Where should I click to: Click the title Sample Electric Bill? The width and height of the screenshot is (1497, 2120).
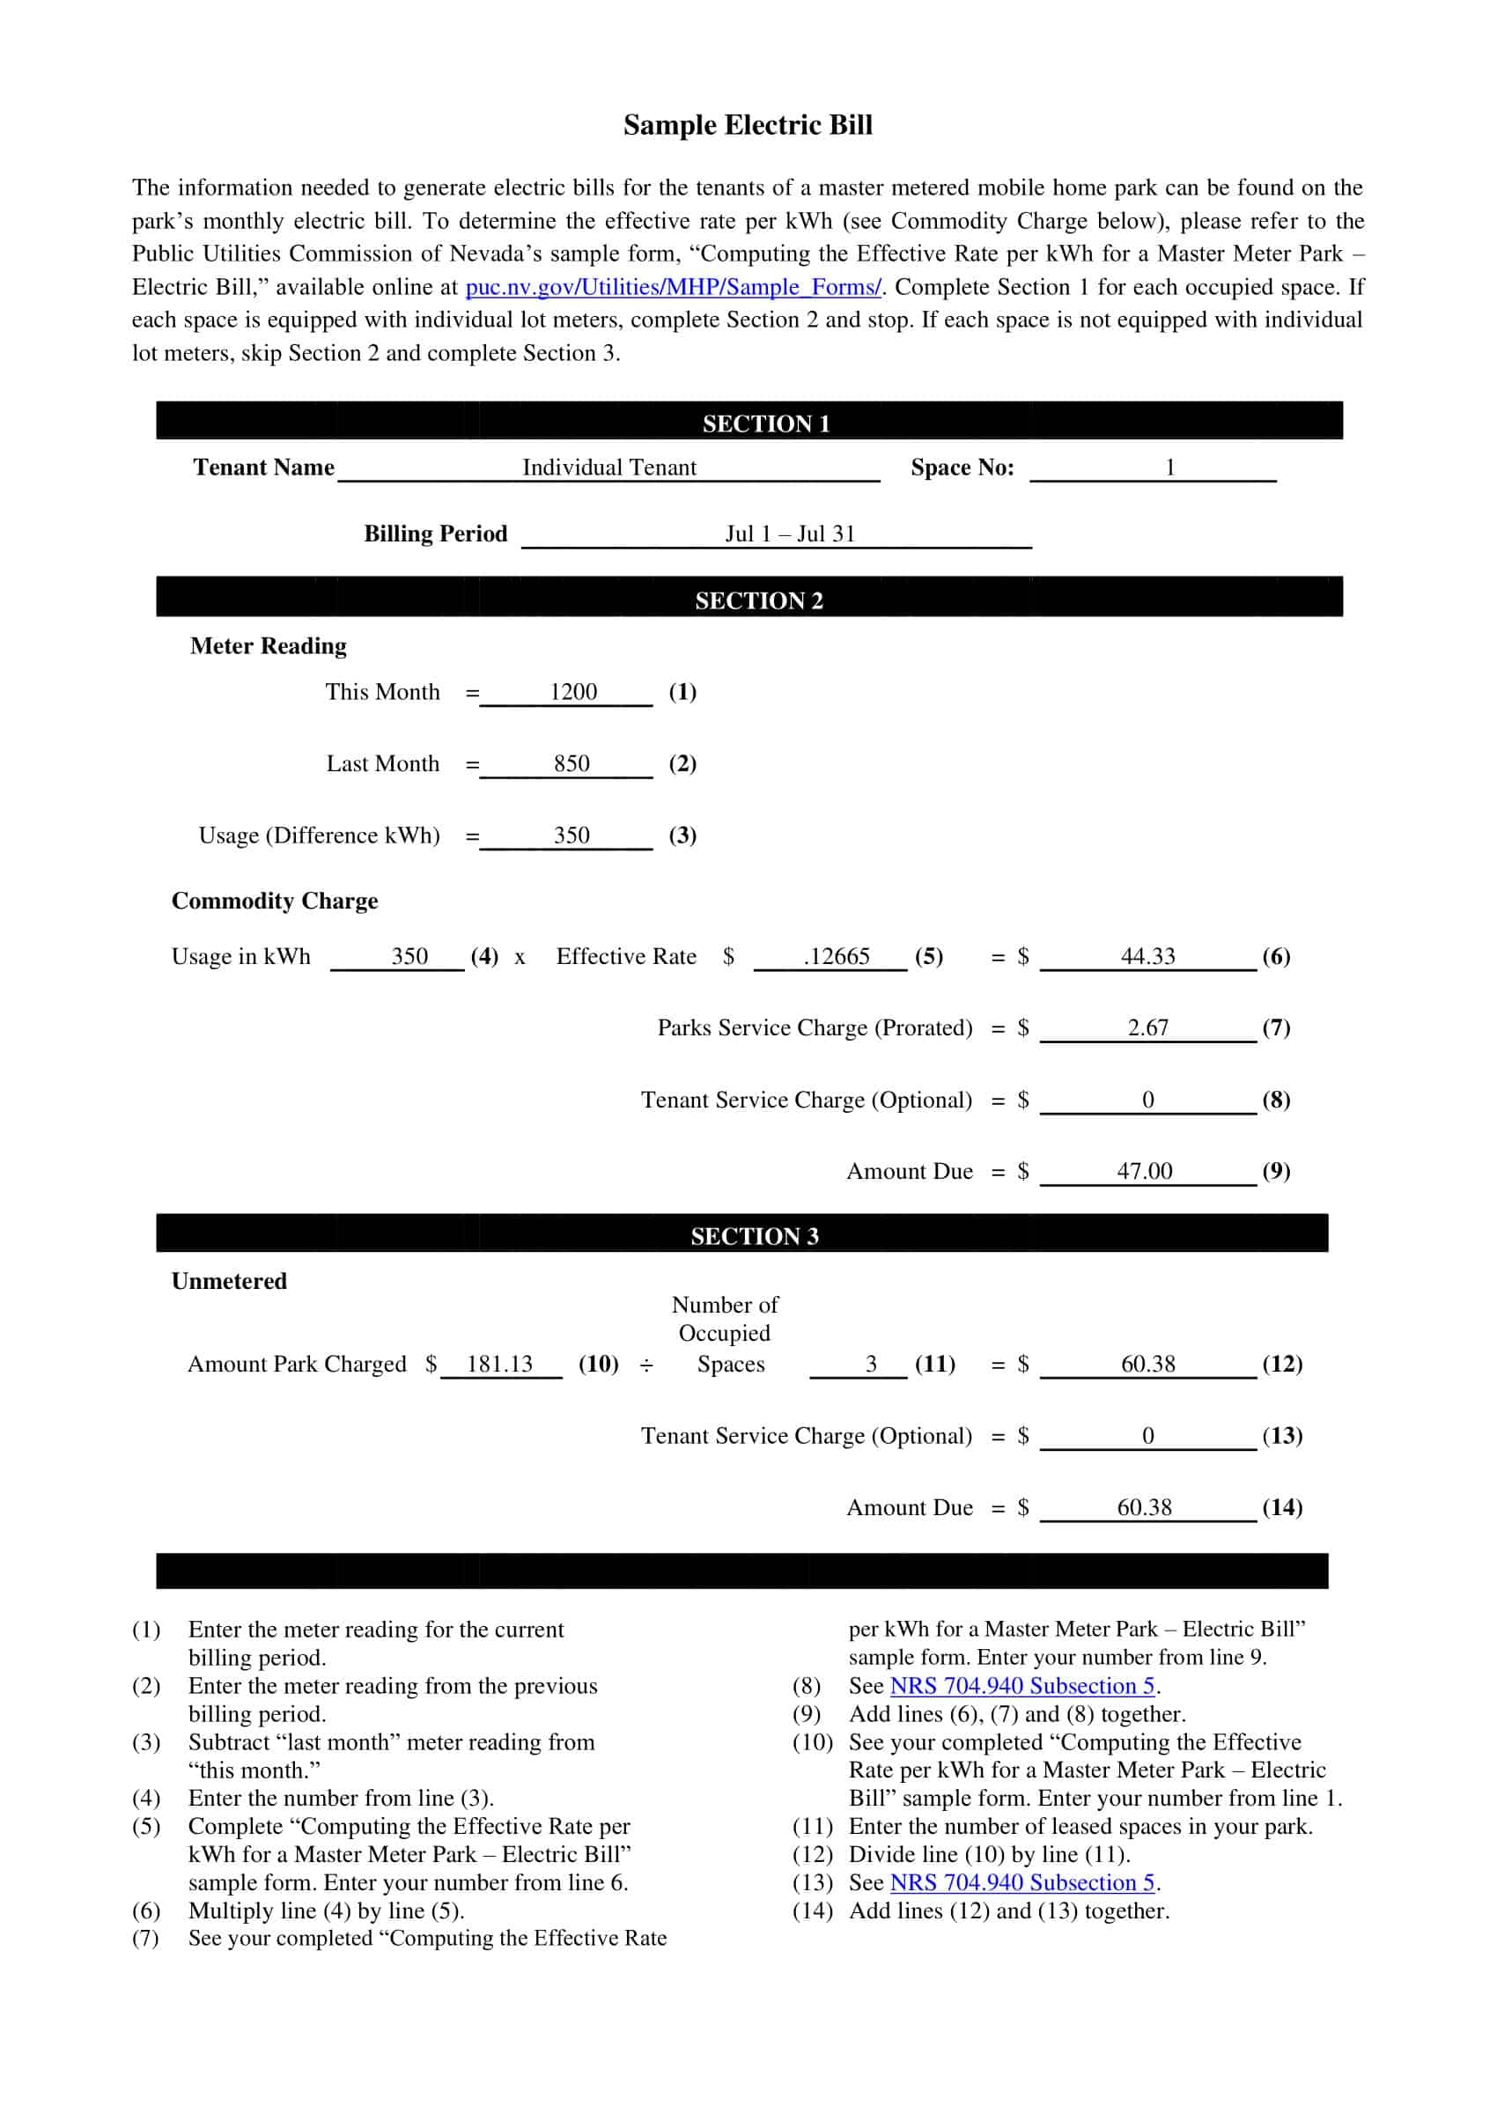tap(747, 125)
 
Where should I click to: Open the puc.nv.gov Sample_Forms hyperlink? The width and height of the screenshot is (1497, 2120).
tap(674, 287)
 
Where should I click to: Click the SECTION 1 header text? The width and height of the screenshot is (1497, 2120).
tap(765, 423)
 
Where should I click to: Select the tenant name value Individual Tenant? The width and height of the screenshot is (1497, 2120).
tap(609, 467)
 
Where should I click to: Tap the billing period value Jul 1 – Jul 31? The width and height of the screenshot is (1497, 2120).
tap(790, 534)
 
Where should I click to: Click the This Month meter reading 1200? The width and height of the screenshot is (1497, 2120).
tap(572, 692)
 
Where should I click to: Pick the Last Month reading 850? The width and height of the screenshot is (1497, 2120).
tap(572, 763)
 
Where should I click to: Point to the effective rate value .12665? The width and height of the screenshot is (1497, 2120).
tap(836, 957)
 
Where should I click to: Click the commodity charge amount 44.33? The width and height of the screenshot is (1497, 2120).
tap(1147, 957)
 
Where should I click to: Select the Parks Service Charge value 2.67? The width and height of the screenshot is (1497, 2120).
tap(1147, 1027)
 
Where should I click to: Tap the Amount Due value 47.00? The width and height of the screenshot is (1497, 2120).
tap(1144, 1172)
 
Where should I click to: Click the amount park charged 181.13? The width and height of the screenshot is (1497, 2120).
tap(499, 1365)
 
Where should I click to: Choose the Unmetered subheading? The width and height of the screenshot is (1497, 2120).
tap(229, 1282)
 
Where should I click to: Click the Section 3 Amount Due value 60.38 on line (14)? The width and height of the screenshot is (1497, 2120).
tap(1144, 1508)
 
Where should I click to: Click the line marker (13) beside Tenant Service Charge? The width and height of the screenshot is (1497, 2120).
tap(1282, 1436)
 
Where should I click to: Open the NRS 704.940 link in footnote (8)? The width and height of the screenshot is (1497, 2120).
tap(1022, 1686)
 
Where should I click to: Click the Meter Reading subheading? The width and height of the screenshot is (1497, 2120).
tap(269, 646)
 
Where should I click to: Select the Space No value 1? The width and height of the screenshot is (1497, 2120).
tap(1169, 467)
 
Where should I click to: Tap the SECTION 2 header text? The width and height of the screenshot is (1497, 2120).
tap(758, 601)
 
